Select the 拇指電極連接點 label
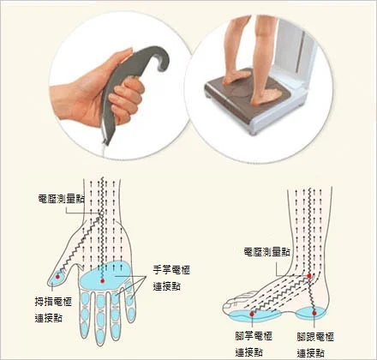[51, 309]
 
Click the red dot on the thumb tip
[57, 275]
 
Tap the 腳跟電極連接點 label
[313, 343]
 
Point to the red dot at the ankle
[309, 276]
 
